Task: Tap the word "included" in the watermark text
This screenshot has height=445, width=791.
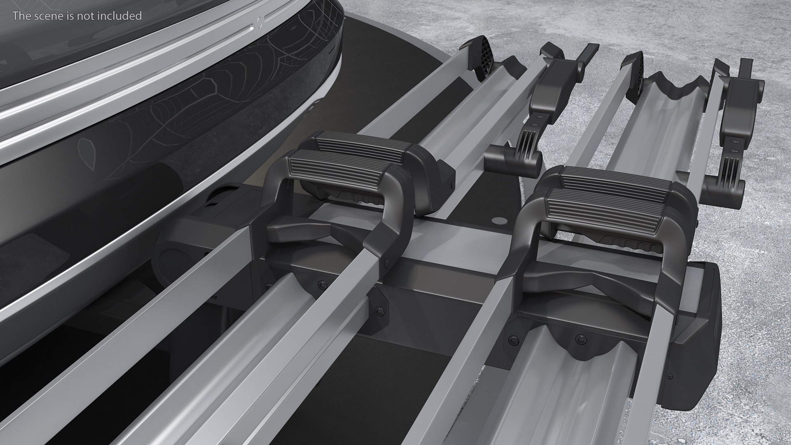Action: [123, 16]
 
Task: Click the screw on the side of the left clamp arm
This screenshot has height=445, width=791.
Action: [387, 262]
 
